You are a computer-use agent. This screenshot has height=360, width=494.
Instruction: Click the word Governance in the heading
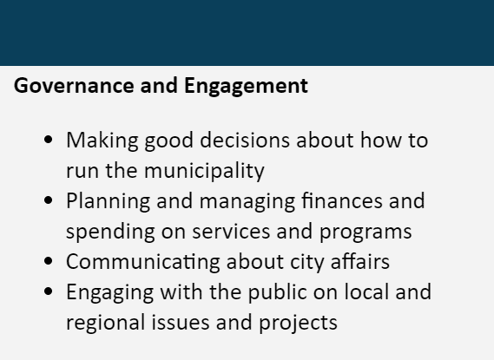tap(74, 86)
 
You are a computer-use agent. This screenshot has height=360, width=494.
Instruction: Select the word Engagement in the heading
tap(246, 87)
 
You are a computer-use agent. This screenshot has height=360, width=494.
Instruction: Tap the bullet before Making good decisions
tap(49, 140)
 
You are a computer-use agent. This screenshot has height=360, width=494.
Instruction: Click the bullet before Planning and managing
tap(49, 200)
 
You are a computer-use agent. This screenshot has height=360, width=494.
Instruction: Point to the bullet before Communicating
tap(49, 261)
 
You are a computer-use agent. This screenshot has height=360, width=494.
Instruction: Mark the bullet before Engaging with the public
tap(49, 291)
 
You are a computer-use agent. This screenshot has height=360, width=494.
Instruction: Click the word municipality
tap(204, 172)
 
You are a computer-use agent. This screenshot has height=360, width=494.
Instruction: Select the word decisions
tap(245, 140)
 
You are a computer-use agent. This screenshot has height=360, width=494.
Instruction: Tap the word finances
tap(342, 200)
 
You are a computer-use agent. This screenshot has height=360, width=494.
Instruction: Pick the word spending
tap(110, 232)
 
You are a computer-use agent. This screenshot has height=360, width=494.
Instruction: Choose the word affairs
tap(360, 261)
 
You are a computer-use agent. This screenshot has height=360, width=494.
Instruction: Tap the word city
tap(306, 262)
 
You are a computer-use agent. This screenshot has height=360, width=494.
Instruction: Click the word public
tap(278, 292)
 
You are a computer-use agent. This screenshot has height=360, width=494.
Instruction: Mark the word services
tap(231, 232)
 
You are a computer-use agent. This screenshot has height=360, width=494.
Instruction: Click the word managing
tap(247, 201)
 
